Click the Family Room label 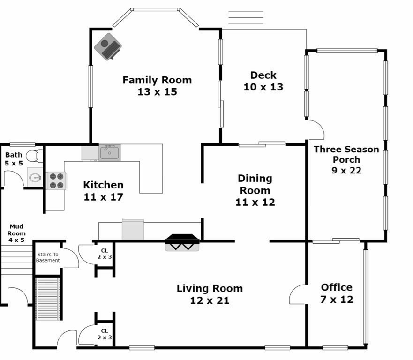point(157,86)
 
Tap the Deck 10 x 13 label point(263,81)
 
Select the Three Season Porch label point(346,159)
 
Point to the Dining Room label point(255,190)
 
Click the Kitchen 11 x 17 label point(103,191)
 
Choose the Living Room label point(210,294)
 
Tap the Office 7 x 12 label point(337,293)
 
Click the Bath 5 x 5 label point(14,159)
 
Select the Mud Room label point(16,233)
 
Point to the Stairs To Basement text point(48,257)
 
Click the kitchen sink point(110,152)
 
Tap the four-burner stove point(57,180)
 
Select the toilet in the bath point(35,156)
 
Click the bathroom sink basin point(35,178)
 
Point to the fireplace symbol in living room point(182,242)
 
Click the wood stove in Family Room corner point(108,46)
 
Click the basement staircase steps point(48,299)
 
